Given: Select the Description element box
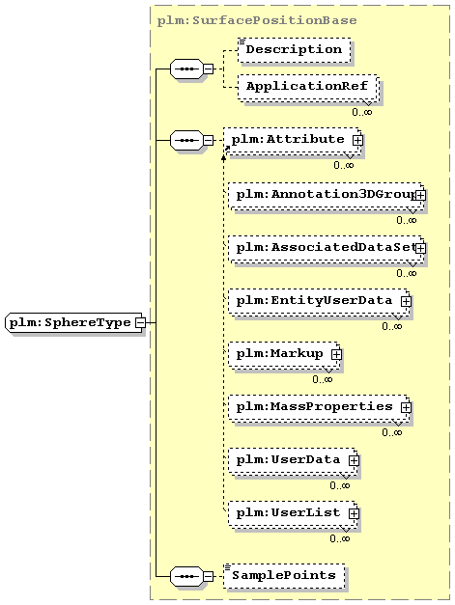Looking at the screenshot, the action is (295, 50).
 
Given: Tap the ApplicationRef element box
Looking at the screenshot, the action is (307, 88).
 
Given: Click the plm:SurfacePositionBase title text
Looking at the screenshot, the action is (257, 20).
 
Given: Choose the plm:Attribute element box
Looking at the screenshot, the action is (293, 141).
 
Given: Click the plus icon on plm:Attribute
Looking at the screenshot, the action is (357, 141).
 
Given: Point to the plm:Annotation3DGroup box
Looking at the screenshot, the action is (327, 196).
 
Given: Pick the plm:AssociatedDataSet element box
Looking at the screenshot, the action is (327, 249).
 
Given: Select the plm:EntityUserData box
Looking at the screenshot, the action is (319, 303).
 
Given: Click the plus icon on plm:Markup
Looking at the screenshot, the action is (336, 354).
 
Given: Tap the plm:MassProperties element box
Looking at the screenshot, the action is (319, 408).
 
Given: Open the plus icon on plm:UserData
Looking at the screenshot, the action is (354, 460).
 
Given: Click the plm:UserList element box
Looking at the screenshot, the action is (293, 514).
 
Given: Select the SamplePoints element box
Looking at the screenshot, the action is (284, 576).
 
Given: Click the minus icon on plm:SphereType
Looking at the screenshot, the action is (141, 322).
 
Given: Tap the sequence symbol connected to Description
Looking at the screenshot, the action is (186, 69).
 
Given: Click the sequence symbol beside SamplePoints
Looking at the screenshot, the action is (186, 576).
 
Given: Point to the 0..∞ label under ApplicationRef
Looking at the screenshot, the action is (362, 112).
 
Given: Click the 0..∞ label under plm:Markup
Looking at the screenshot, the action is (323, 379).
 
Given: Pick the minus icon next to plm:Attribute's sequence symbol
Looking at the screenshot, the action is (208, 140).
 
